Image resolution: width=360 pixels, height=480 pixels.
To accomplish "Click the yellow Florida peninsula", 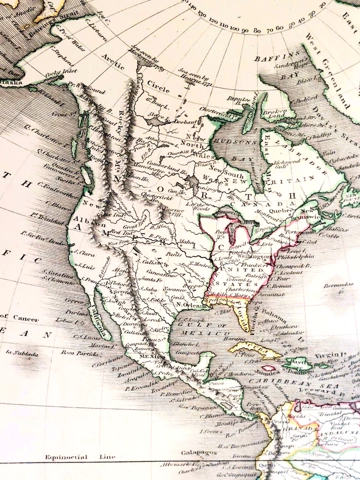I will [x=240, y=314].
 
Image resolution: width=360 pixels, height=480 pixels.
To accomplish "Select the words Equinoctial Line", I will [x=80, y=456].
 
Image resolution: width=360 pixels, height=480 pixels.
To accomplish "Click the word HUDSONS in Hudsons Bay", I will [x=230, y=140].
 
